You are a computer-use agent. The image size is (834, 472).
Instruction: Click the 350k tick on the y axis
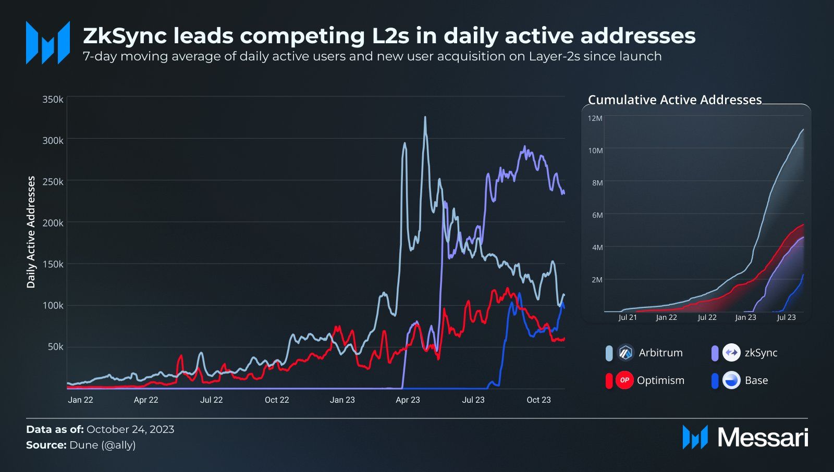[53, 99]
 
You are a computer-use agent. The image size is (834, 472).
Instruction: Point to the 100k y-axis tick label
[53, 305]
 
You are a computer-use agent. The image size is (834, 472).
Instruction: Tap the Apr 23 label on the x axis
[408, 400]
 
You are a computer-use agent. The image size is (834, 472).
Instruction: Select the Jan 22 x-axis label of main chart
[80, 400]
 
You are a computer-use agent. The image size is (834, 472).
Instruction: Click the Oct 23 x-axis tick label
[538, 400]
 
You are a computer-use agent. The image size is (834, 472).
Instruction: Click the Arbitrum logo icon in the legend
[625, 353]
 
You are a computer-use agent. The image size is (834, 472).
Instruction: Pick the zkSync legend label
[761, 353]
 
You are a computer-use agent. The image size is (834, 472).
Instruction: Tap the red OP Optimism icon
[624, 380]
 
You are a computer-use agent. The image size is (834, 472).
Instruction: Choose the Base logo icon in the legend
[731, 380]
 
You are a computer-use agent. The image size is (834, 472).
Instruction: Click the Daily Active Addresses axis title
[31, 232]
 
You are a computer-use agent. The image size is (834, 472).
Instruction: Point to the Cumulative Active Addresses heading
[674, 100]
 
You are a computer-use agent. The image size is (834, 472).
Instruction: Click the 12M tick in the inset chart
[595, 118]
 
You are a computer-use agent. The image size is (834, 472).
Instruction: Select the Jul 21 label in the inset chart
[628, 317]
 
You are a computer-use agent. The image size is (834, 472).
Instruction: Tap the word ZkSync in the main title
[125, 36]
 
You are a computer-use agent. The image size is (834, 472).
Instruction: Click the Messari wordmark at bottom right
[763, 437]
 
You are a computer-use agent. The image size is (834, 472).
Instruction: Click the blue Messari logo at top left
[48, 43]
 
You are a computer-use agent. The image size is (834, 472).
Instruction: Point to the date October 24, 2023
[130, 429]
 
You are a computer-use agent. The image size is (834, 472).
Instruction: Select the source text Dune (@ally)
[102, 445]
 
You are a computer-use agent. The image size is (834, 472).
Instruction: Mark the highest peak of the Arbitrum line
[425, 118]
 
